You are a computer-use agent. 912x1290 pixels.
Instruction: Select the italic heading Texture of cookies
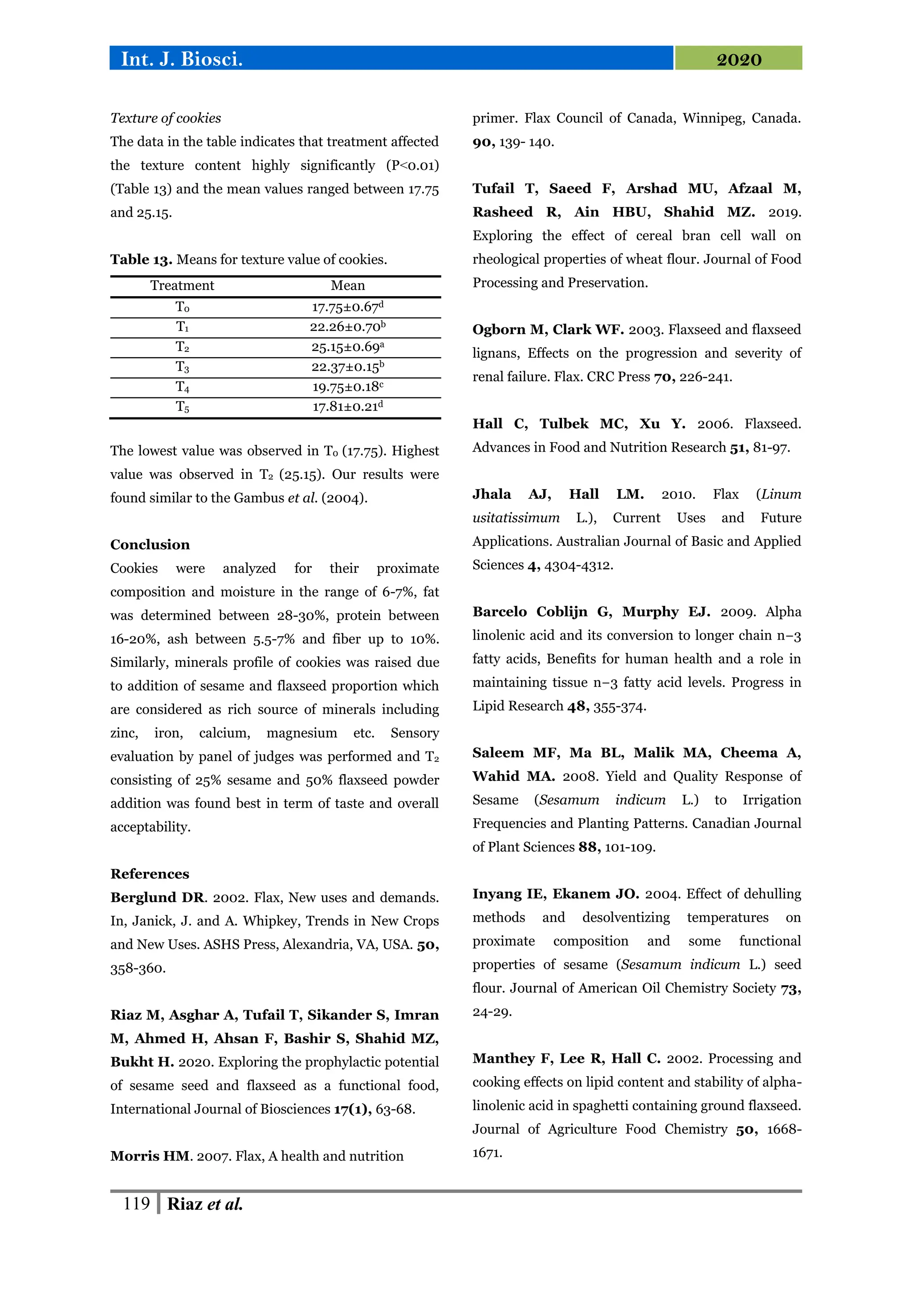click(x=166, y=118)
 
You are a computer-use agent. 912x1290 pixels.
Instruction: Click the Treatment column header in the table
click(x=182, y=286)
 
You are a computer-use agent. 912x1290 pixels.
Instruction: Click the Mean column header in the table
click(x=348, y=286)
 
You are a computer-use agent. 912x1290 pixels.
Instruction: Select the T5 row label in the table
click(x=182, y=407)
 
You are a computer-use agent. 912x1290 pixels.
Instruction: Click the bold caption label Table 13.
click(x=141, y=260)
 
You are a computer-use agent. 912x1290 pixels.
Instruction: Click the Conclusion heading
click(x=150, y=544)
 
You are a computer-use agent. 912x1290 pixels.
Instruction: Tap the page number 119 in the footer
click(x=136, y=1204)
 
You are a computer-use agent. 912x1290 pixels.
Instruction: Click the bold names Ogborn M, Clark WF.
click(x=548, y=330)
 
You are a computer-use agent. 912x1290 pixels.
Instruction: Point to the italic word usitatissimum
click(x=516, y=518)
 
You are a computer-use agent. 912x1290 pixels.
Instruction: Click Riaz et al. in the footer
click(x=205, y=1204)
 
